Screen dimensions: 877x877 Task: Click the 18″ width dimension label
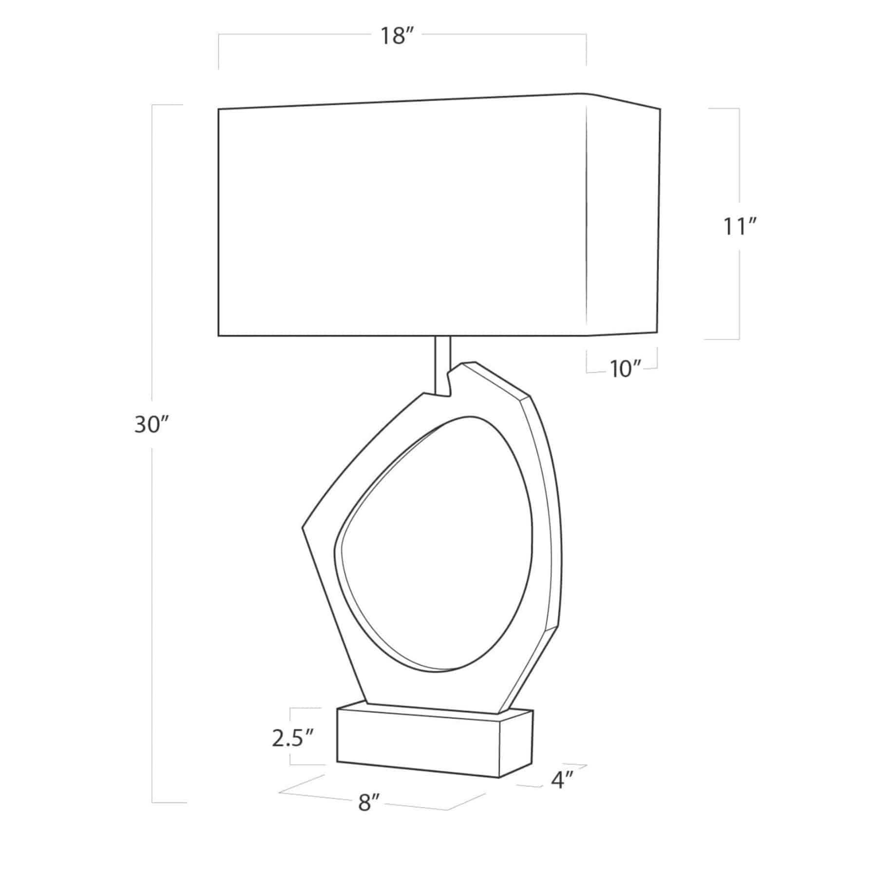(x=394, y=37)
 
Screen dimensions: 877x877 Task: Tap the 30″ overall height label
(x=151, y=425)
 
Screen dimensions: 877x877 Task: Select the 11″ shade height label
(x=739, y=227)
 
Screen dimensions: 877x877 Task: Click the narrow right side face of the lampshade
(x=624, y=219)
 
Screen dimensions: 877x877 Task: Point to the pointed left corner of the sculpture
(x=304, y=526)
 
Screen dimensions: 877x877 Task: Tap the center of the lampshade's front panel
(x=402, y=222)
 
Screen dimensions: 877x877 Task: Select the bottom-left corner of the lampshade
(x=219, y=335)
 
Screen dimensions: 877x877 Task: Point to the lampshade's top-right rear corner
(x=660, y=109)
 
